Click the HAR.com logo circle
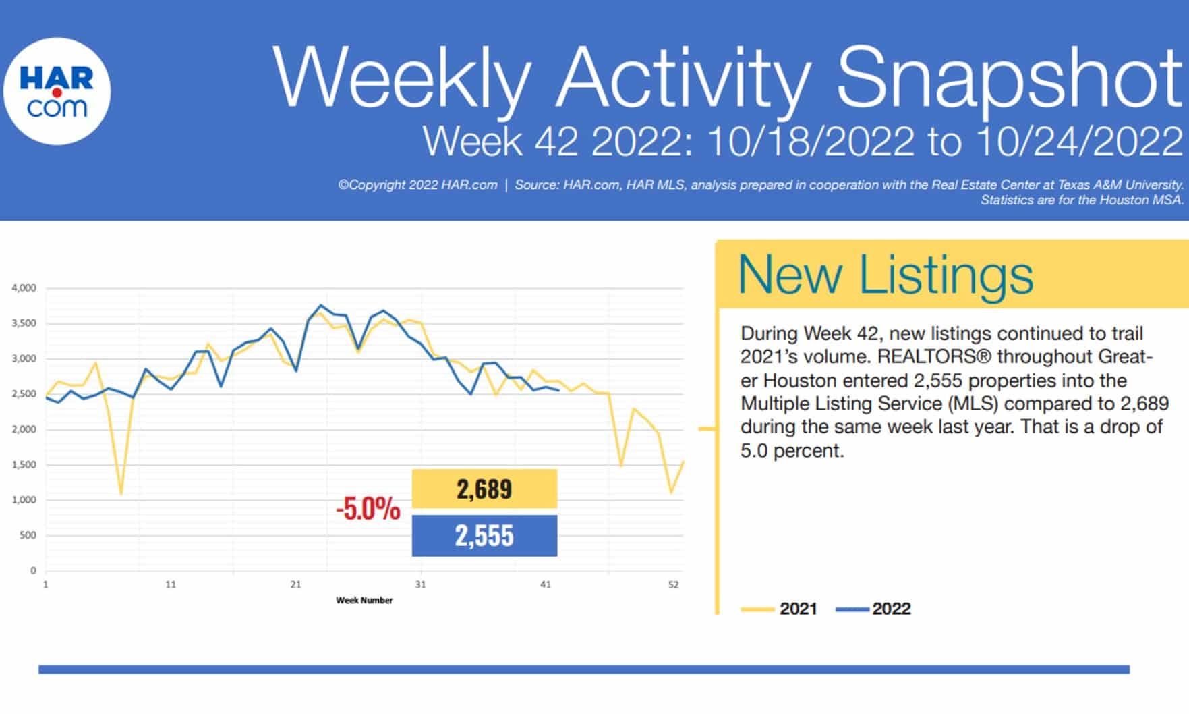pos(57,91)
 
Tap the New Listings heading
pos(885,275)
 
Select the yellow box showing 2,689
pos(484,489)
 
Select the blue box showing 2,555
pos(484,536)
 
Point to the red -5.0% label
pos(368,509)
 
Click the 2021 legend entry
pos(780,609)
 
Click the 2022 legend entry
pos(874,609)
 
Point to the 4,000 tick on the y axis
pos(24,288)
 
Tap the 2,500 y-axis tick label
pos(24,394)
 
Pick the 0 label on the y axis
pos(33,571)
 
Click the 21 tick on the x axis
pos(295,585)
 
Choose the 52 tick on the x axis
pos(673,585)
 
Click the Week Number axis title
pos(364,600)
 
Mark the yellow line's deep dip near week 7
pos(121,493)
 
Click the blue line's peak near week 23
pos(321,306)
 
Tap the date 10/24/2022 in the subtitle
pos(1078,142)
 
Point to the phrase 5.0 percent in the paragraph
pos(792,451)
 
